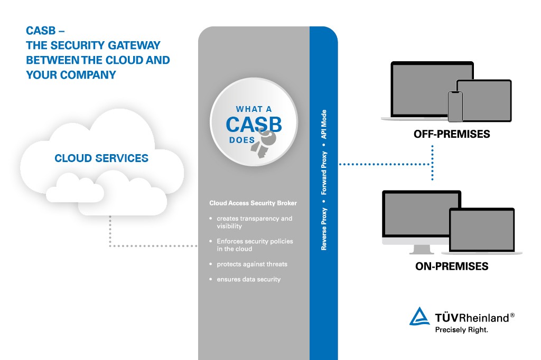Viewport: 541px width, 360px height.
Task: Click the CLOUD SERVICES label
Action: click(x=101, y=158)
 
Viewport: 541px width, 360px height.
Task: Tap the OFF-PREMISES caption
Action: click(x=452, y=134)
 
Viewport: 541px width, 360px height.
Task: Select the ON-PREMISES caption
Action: click(x=452, y=267)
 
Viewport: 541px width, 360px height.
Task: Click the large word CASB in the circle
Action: click(x=254, y=125)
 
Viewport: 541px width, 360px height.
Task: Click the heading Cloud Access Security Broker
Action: click(x=253, y=203)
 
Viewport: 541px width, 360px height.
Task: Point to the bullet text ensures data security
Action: click(x=248, y=279)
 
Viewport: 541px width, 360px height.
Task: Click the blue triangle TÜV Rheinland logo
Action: click(x=421, y=316)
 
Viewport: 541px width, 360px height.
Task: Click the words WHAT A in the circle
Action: click(x=254, y=109)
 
